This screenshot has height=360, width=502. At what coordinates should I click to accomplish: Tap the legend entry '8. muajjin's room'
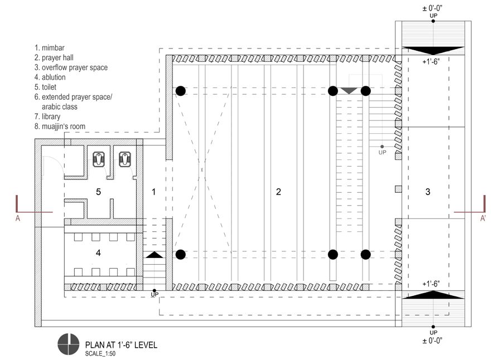tap(60, 127)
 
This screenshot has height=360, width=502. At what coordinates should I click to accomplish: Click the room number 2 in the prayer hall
tap(278, 192)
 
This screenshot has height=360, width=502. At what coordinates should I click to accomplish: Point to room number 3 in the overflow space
tap(428, 192)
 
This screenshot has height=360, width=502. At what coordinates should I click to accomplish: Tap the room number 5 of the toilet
tap(98, 192)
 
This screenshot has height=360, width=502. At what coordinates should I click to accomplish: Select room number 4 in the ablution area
tap(98, 253)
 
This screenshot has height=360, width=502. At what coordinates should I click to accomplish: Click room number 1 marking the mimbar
tap(154, 192)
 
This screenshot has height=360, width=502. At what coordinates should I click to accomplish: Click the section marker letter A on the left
tap(18, 219)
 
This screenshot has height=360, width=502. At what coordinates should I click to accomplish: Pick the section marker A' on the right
tap(483, 219)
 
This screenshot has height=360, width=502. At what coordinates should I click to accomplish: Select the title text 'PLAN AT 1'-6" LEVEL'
tap(120, 345)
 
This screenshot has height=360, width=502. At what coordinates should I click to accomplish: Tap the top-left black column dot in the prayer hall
tap(180, 91)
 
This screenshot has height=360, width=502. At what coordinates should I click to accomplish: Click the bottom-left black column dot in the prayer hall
tap(180, 255)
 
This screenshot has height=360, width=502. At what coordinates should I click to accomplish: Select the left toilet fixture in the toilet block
tap(100, 159)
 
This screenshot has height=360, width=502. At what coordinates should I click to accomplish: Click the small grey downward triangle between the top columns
tap(349, 90)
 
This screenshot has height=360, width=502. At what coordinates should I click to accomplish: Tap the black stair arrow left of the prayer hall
tap(155, 255)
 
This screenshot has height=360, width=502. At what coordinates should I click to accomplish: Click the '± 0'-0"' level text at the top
tap(433, 7)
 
